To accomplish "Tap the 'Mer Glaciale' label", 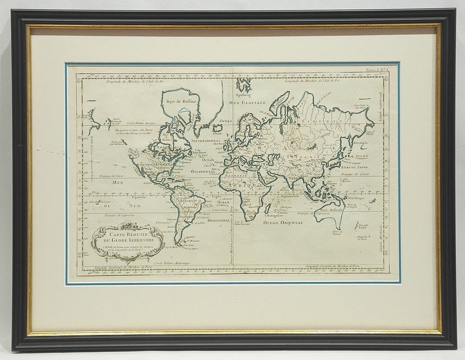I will point(247,103).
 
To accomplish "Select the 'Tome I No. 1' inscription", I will point(377,70).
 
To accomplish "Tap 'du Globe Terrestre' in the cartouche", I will point(127,240).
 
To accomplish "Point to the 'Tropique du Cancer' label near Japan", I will point(355,174).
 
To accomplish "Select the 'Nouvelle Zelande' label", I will point(363,226).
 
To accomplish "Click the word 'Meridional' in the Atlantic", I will point(219,221).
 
